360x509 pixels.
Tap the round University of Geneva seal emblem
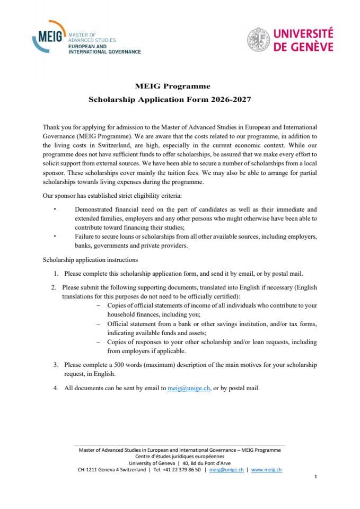258,40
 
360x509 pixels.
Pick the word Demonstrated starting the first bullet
96,209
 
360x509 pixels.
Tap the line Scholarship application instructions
90,260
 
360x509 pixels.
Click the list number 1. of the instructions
56,274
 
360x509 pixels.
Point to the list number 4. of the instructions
56,388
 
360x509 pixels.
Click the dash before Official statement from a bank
98,323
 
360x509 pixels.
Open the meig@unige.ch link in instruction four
189,388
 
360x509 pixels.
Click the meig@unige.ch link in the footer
226,469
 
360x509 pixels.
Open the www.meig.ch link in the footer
266,469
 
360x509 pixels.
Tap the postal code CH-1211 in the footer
89,469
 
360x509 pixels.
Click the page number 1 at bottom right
315,477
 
